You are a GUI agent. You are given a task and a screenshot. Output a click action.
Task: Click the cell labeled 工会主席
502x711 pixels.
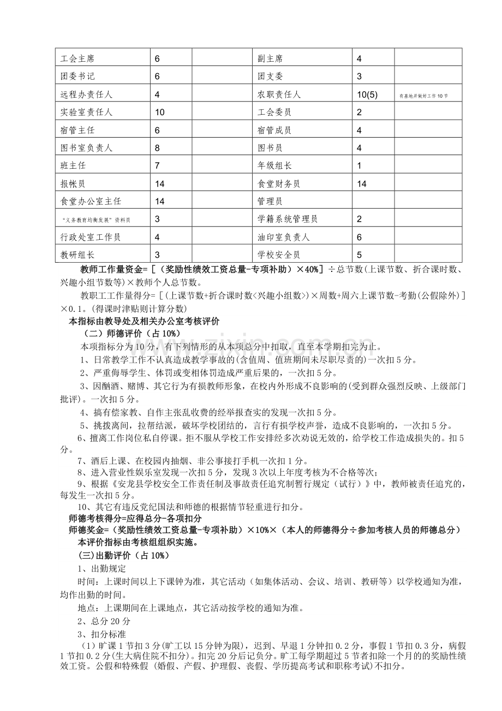[x=78, y=58]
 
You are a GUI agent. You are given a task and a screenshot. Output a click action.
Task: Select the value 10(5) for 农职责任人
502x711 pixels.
[x=367, y=94]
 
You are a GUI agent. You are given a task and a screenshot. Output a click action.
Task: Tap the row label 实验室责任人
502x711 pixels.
[x=87, y=112]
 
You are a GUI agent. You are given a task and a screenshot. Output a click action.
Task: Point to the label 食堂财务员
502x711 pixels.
[x=278, y=183]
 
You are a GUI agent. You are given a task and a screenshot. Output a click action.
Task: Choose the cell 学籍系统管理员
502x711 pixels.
[x=288, y=219]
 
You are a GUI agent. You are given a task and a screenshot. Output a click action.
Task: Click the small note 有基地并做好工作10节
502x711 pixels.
[x=423, y=96]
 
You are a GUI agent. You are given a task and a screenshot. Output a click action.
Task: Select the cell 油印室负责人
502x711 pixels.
[x=283, y=237]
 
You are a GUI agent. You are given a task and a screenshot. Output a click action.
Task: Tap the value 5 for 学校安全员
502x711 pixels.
[x=359, y=254]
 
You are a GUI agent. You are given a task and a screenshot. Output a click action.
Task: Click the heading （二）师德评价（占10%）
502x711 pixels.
[x=130, y=334]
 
